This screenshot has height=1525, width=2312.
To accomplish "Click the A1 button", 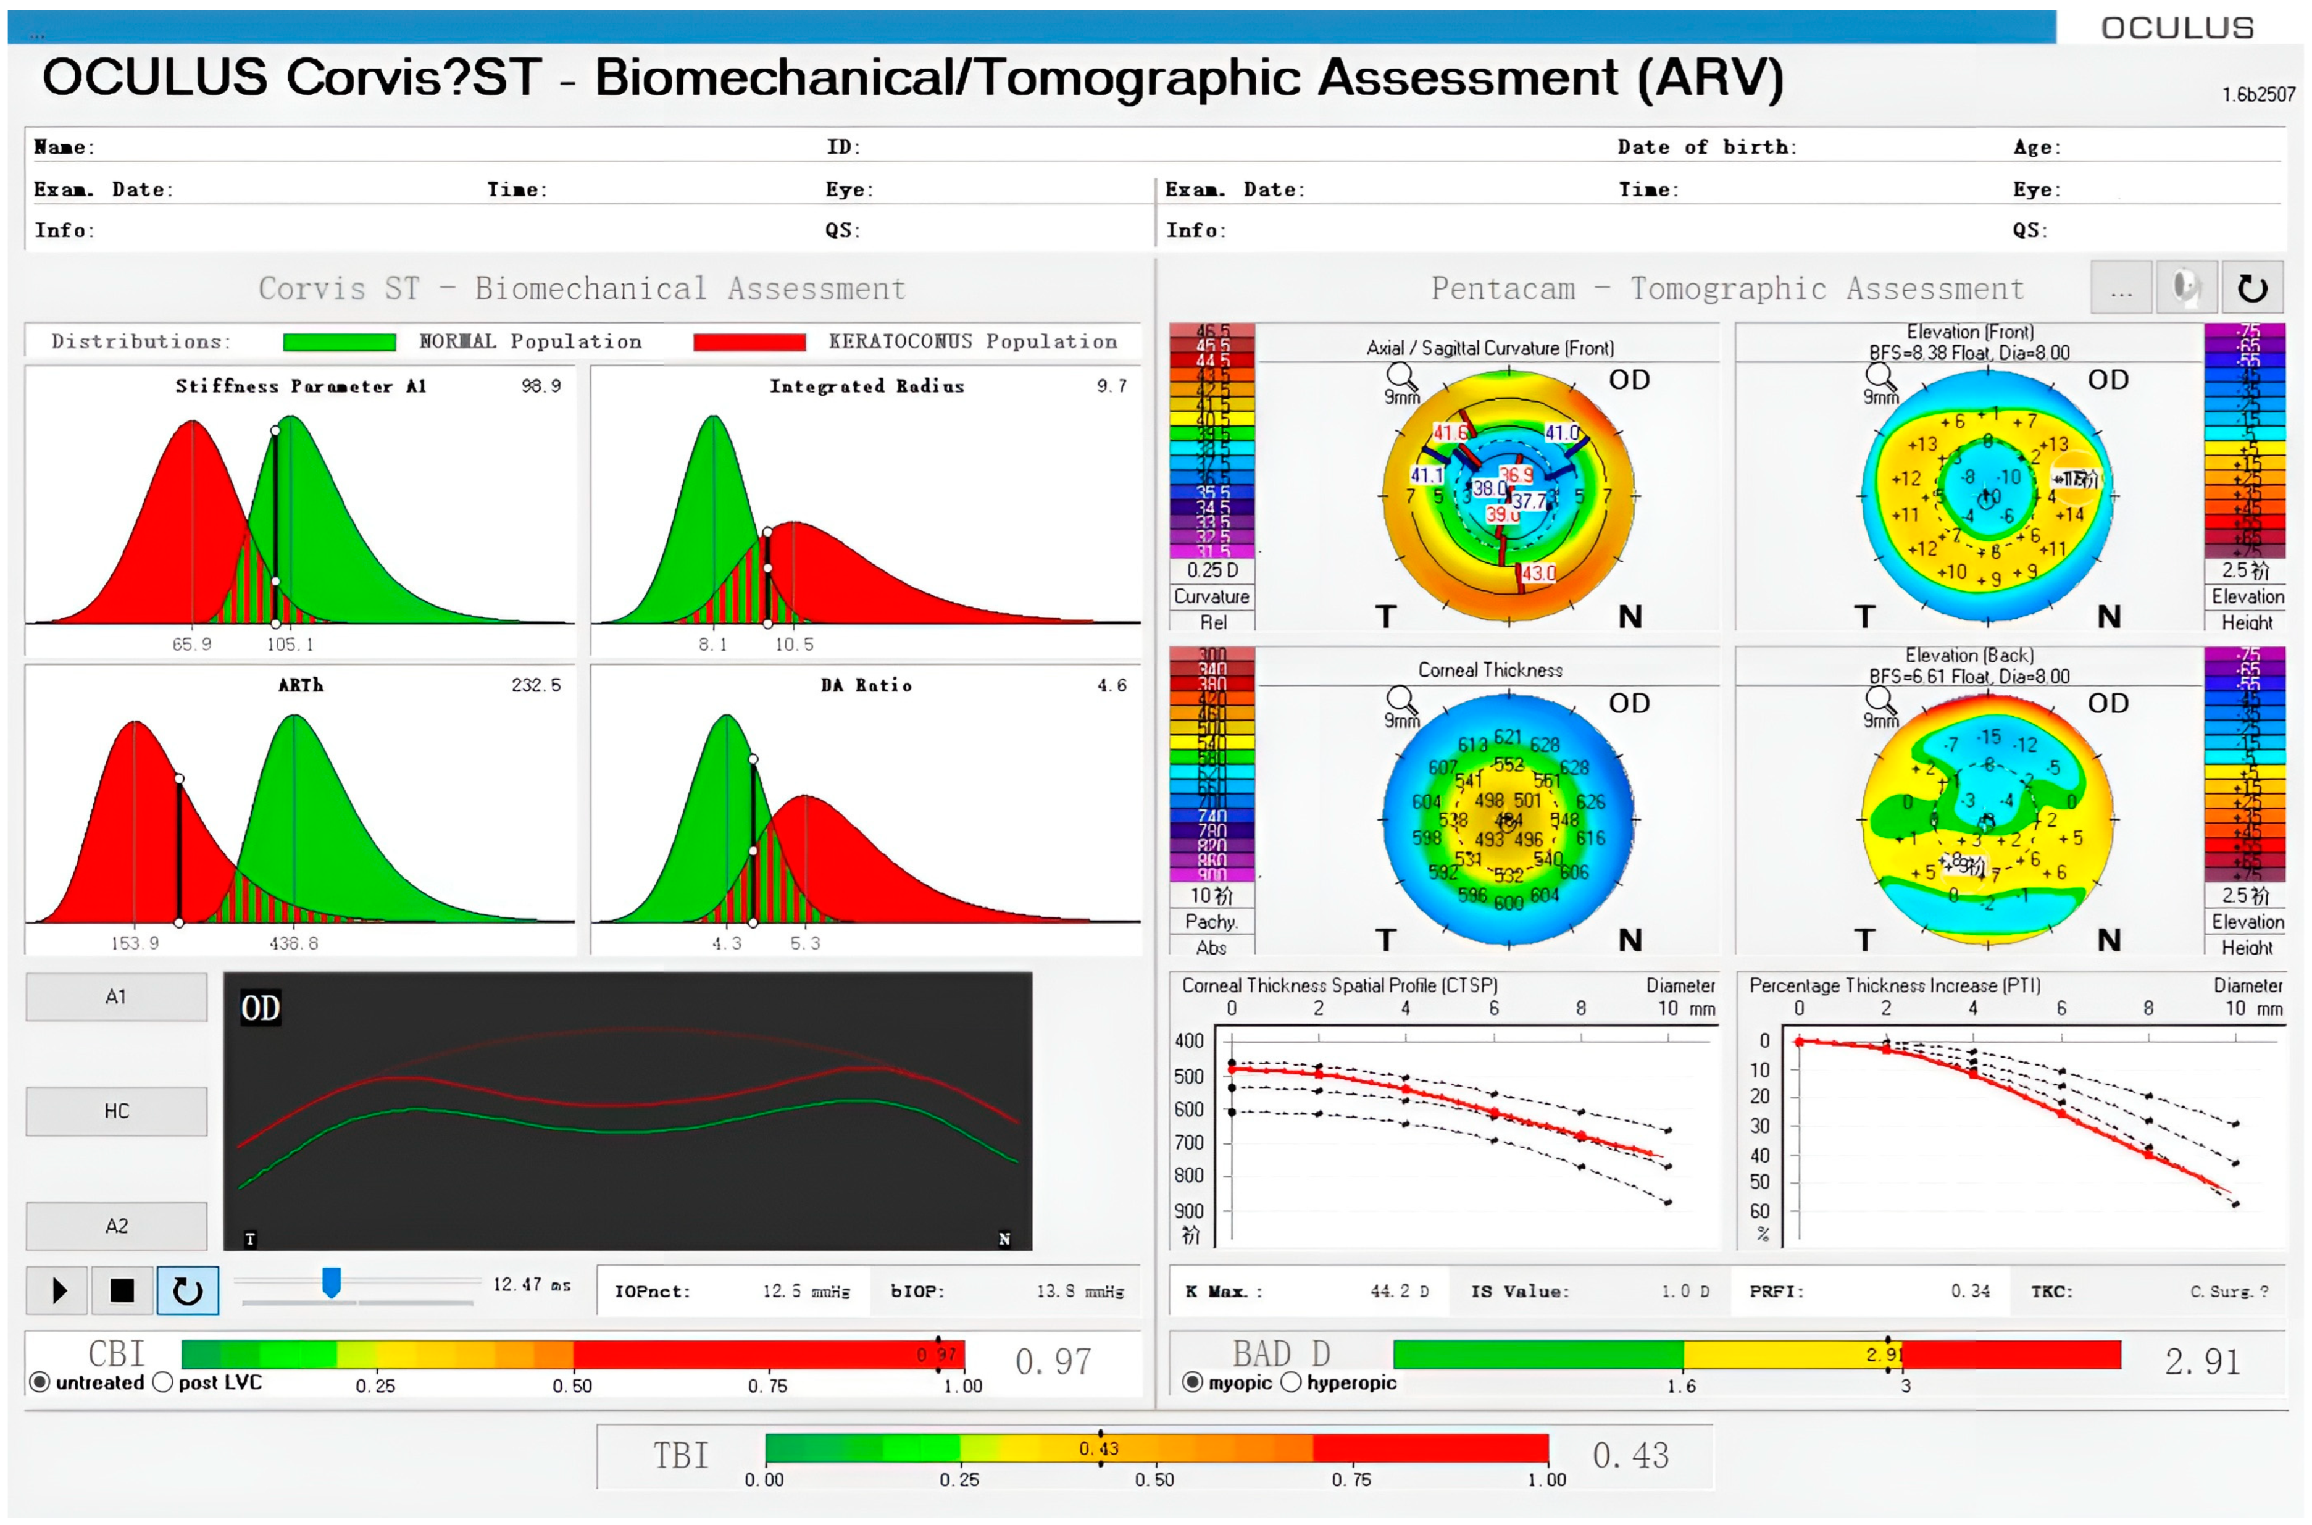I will pos(115,997).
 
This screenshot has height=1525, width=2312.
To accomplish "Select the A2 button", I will pos(115,1226).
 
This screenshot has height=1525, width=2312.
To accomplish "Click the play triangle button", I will pos(58,1290).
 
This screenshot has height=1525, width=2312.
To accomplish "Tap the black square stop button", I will pos(122,1290).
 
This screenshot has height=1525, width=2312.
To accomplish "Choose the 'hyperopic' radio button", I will pos(1291,1382).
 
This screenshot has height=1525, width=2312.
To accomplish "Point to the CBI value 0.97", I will pos(1053,1361).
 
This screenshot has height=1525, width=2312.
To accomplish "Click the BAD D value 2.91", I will pos(2202,1361).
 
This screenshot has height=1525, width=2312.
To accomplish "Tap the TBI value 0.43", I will pos(1630,1455).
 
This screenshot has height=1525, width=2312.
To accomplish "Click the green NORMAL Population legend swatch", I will pos(340,342).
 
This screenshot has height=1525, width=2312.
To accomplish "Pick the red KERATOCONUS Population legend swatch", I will pos(749,342).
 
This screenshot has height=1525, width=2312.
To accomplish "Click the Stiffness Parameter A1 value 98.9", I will pos(541,386).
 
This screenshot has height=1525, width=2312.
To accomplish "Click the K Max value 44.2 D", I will pos(1399,1292).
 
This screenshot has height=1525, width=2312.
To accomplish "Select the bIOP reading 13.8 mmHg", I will pos(1079,1292).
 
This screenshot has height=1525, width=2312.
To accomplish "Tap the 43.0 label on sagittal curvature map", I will pos(1538,573).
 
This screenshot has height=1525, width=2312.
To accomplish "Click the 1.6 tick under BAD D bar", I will pos(1682,1386).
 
